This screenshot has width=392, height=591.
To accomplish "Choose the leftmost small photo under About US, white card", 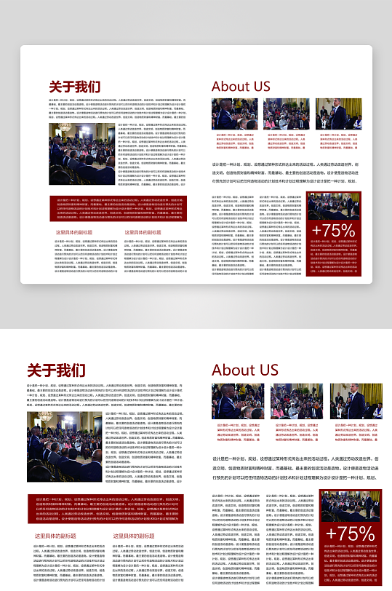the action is tap(234, 114).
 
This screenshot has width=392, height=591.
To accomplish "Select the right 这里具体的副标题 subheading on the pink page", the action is tap(134, 536).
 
